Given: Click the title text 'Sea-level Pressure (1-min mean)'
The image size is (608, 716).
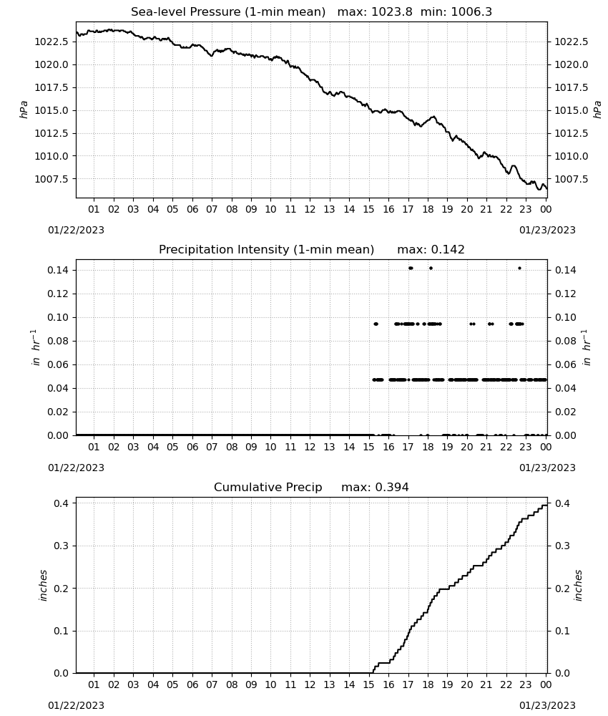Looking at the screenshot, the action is point(228,12).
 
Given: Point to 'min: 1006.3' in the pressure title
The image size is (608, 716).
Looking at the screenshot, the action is point(456,12).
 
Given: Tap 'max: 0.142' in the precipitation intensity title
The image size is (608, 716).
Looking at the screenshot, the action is point(431,250).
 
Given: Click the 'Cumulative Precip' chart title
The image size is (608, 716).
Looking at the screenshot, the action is point(268,487).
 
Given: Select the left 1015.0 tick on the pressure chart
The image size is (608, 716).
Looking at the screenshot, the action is point(52,110).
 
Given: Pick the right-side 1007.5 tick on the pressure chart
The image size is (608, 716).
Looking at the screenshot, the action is point(571,179).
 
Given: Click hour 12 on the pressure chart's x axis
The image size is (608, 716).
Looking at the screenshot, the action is point(310,209).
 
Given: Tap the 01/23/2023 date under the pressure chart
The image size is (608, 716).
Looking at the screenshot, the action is point(547,230).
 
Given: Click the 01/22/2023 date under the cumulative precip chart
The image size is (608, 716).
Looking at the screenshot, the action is point(76,705).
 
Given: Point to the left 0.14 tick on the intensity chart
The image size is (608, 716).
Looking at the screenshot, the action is point(58,271).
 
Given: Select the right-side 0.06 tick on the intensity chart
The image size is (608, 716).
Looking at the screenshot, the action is point(564,364).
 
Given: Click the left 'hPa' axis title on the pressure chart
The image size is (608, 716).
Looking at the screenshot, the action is point(24,110).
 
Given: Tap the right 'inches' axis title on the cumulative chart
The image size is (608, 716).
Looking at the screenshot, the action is point(579,585).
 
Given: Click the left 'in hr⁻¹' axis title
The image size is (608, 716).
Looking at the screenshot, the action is point(36,347).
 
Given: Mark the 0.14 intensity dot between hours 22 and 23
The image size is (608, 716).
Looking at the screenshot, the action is point(519,268).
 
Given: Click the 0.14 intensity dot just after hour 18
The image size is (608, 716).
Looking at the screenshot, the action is point(431,268).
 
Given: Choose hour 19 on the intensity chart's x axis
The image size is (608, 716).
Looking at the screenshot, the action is point(447,447).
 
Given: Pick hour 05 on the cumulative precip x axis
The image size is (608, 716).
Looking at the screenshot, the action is point(172,684).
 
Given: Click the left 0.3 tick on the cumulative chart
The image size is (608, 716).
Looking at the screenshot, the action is point(61,546).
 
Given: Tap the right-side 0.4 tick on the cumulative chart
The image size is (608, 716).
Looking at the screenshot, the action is point(562,503).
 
